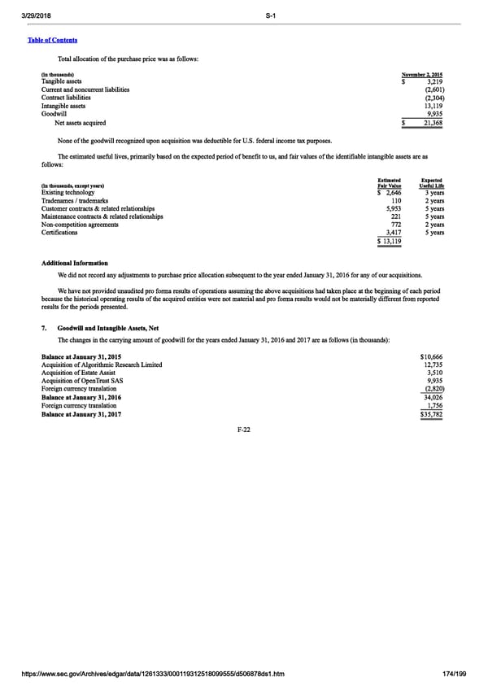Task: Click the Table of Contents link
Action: tap(55, 40)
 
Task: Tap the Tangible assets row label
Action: tap(61, 81)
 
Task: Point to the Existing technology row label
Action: tap(69, 192)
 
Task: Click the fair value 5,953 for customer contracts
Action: tap(393, 208)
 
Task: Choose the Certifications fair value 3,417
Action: tap(393, 233)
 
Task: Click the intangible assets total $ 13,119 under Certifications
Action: tap(390, 242)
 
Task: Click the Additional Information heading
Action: tap(74, 264)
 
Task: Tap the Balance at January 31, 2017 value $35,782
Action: tap(431, 414)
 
